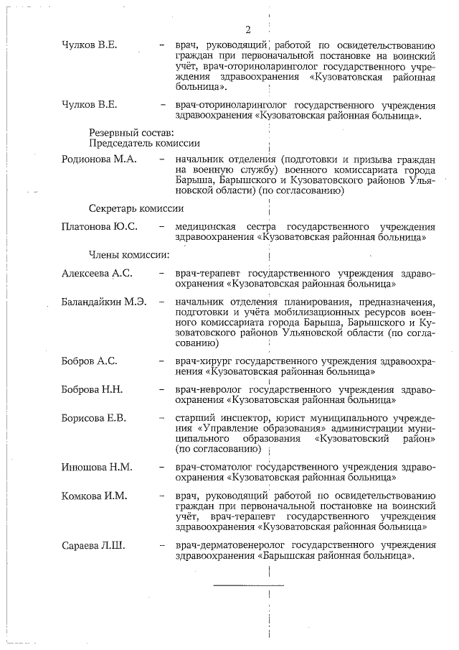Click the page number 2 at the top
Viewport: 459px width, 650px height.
[x=248, y=29]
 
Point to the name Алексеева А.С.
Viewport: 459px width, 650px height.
[x=97, y=274]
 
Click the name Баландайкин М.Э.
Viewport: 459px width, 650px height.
[x=104, y=302]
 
